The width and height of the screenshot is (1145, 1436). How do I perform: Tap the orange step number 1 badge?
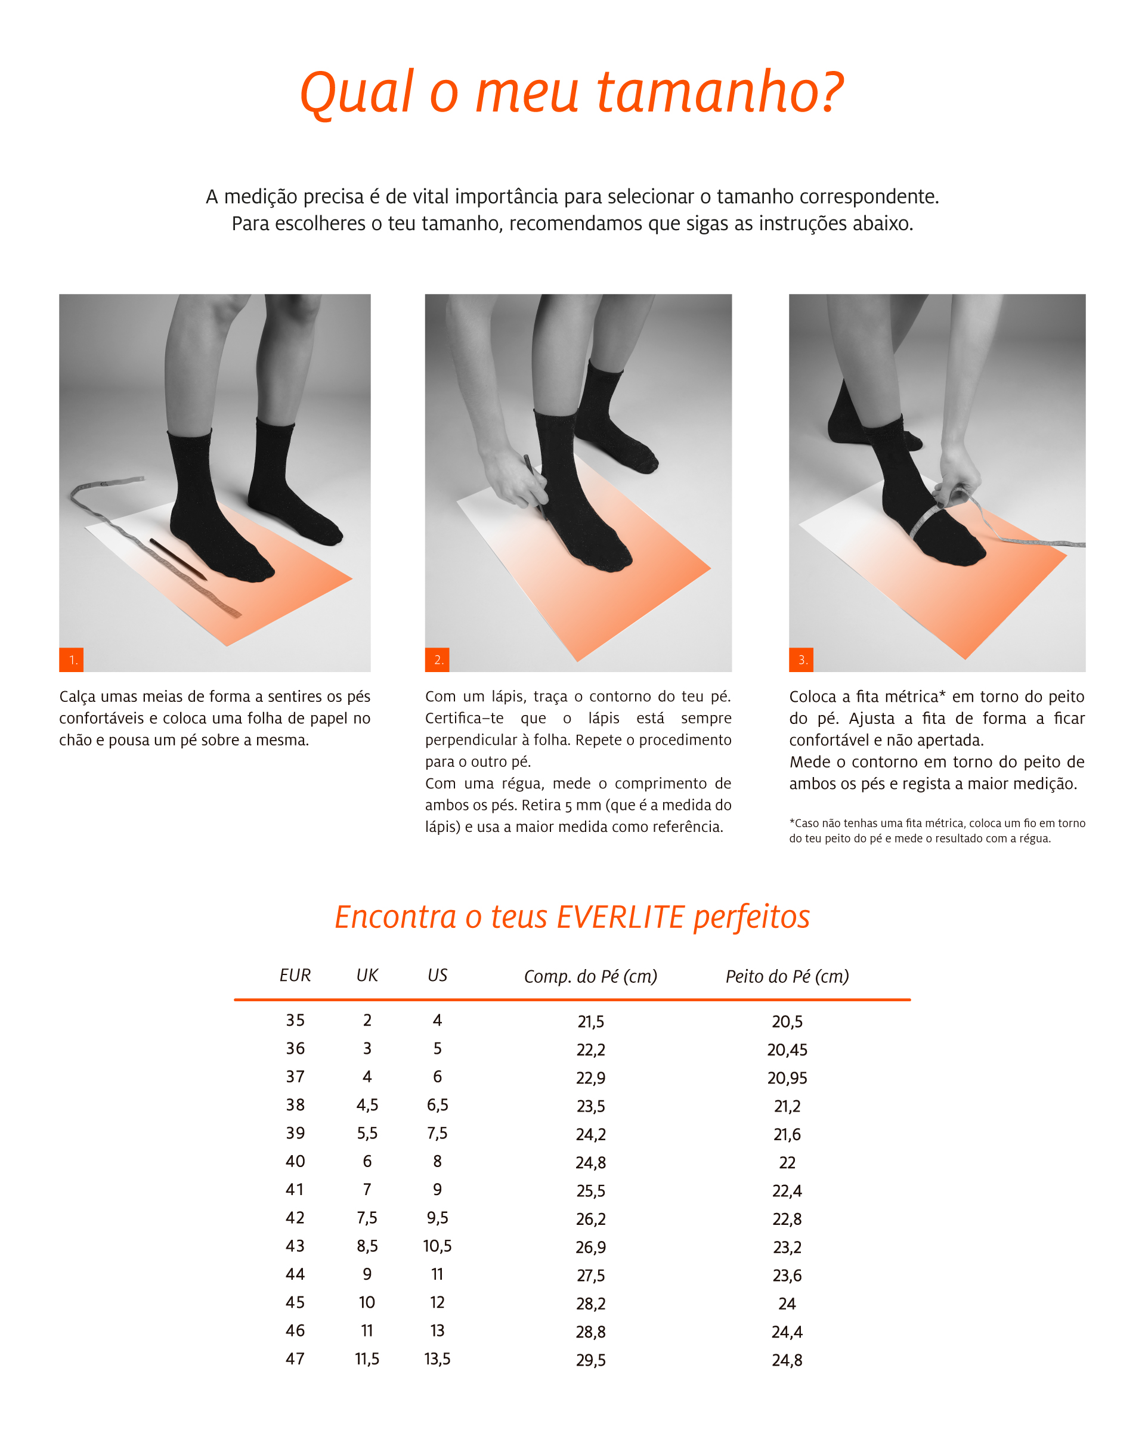72,660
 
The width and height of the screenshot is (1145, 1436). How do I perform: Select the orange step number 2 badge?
437,660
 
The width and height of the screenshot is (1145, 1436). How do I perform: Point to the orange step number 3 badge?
801,660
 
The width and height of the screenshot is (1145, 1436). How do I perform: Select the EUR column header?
295,975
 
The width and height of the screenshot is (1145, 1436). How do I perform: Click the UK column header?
367,975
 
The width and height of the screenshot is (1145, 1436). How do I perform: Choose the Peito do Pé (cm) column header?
787,976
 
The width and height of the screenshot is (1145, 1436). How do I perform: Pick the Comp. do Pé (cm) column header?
591,976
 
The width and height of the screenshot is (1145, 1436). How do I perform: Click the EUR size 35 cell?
295,1020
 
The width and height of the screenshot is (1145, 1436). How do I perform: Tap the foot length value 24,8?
591,1163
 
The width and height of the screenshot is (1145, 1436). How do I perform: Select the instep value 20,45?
787,1050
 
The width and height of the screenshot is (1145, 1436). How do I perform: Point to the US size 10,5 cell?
437,1246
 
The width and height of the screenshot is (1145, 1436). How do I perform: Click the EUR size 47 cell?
295,1358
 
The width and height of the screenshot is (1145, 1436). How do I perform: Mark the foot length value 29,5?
591,1361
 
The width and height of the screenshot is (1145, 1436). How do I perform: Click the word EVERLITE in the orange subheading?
621,917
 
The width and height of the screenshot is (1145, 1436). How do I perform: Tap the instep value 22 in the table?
787,1163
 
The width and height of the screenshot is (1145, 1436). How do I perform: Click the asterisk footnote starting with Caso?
937,831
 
